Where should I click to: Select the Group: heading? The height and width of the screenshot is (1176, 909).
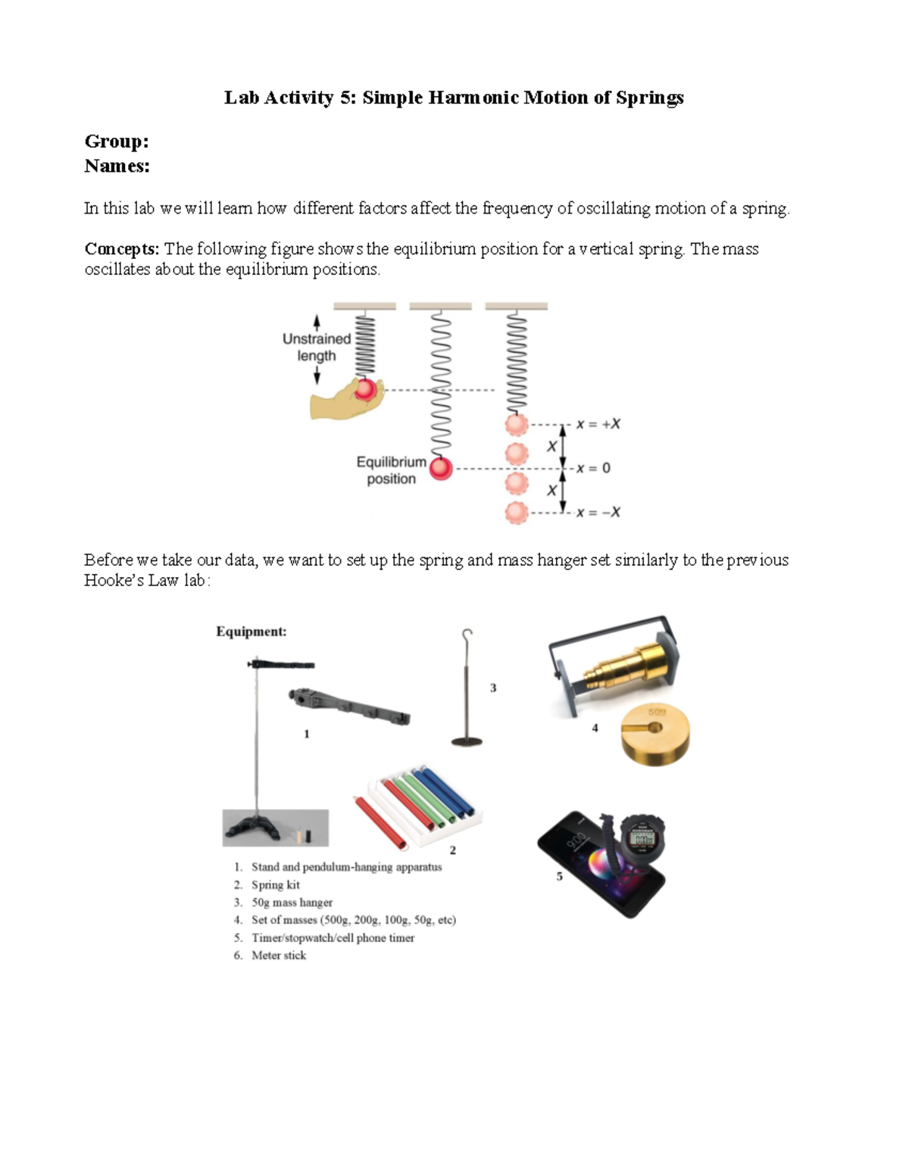[116, 142]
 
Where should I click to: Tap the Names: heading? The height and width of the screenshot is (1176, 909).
[117, 166]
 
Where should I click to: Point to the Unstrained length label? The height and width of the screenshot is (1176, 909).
[317, 348]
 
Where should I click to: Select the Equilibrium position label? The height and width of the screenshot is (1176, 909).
[391, 470]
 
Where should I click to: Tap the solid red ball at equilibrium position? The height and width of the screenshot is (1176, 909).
[441, 469]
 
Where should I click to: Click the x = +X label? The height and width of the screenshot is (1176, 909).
[598, 424]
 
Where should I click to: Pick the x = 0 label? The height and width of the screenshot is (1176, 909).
[593, 468]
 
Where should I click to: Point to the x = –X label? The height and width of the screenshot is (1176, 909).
[598, 513]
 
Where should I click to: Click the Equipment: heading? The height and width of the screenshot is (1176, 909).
[251, 632]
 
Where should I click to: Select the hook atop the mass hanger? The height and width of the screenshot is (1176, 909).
[467, 635]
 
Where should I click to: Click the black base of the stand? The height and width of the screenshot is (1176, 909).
[255, 828]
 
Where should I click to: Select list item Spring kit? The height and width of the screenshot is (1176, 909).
[276, 885]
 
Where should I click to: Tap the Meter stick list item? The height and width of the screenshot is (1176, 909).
[279, 956]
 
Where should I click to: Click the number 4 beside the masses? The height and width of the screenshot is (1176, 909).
[595, 728]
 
